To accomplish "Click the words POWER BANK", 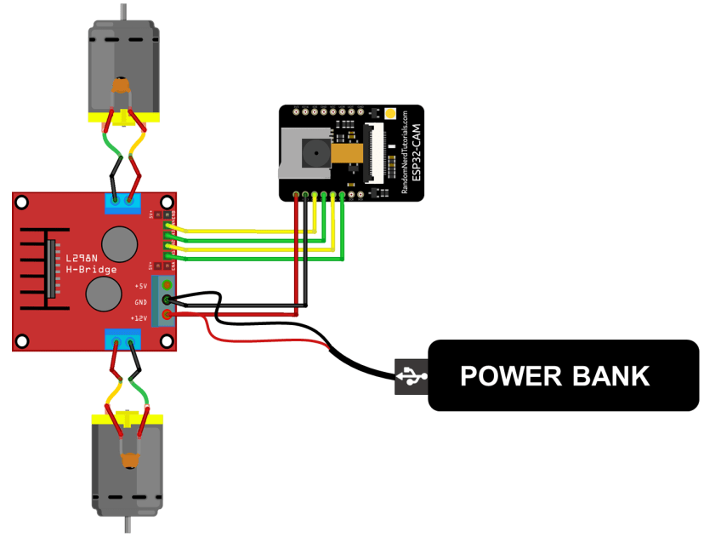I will [554, 376].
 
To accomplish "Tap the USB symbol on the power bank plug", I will [412, 375].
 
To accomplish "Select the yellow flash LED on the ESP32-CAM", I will [389, 114].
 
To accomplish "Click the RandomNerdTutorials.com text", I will [404, 154].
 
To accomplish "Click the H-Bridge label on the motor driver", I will [90, 269].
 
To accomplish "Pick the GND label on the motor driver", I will [140, 302].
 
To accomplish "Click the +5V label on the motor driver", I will [141, 286].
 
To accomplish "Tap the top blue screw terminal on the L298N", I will [122, 203].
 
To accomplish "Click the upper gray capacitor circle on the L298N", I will [119, 244].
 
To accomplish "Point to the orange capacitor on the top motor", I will [122, 85].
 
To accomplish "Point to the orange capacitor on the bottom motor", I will [129, 460].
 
